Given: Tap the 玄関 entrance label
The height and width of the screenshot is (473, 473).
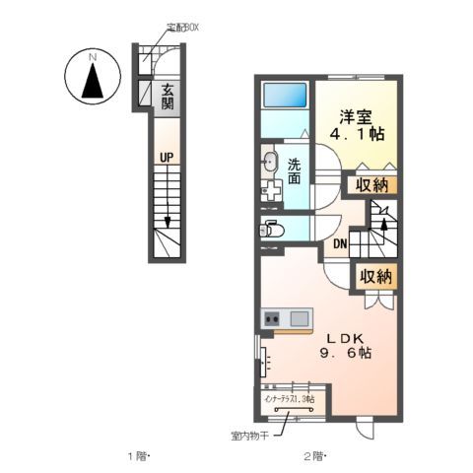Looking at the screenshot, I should click(x=169, y=96).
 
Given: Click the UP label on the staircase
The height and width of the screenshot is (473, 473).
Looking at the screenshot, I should click(x=169, y=156).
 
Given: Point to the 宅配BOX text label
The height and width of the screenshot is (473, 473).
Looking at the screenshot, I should click(x=181, y=28).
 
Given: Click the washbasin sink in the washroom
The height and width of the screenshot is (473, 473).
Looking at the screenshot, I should click(x=270, y=164).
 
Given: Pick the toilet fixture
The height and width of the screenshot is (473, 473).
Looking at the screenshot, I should click(x=272, y=231).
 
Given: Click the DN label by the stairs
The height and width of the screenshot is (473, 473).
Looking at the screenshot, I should click(x=340, y=244).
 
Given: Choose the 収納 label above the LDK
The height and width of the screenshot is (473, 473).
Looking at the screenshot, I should click(x=373, y=277).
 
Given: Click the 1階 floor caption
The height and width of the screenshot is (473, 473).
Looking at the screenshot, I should click(x=137, y=455).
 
